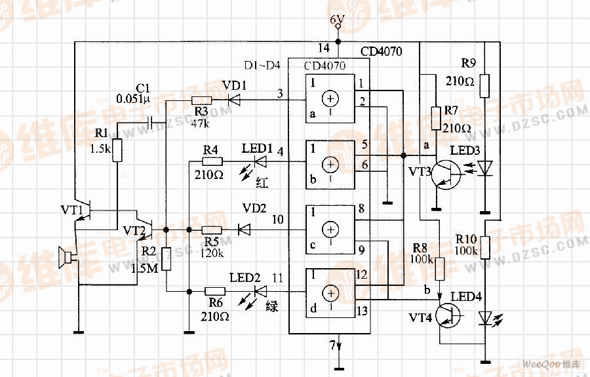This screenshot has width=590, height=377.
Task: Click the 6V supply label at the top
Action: point(337,20)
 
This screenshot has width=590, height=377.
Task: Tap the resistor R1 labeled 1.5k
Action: point(117,149)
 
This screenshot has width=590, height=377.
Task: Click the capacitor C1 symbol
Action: point(153,122)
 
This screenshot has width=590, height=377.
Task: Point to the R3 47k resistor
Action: point(201,100)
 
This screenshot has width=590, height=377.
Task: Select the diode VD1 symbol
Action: point(232,100)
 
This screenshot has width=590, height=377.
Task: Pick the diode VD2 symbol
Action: point(244,229)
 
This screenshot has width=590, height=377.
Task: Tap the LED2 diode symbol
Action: point(260,290)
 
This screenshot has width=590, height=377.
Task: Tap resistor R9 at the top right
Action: point(484,85)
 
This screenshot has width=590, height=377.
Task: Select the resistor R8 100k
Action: point(440,269)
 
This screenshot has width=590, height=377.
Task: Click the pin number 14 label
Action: point(323,48)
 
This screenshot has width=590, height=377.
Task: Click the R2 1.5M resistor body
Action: point(167,259)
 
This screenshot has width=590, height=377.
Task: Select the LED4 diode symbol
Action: point(484,318)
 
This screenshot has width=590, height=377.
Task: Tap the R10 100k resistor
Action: point(484,246)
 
